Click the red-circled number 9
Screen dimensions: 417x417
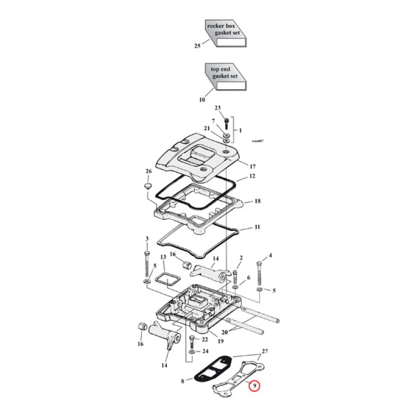pos(254,386)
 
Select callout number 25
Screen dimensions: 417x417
pos(197,46)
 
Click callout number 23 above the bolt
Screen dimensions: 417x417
pos(218,108)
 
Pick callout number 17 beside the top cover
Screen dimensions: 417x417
pos(252,166)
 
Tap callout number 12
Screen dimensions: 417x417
pos(252,176)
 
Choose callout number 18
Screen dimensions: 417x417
pos(257,201)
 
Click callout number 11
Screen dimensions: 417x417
pos(257,227)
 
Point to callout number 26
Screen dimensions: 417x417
pos(148,171)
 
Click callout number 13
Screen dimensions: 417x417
pos(163,257)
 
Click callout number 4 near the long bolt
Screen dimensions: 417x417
pos(271,255)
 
